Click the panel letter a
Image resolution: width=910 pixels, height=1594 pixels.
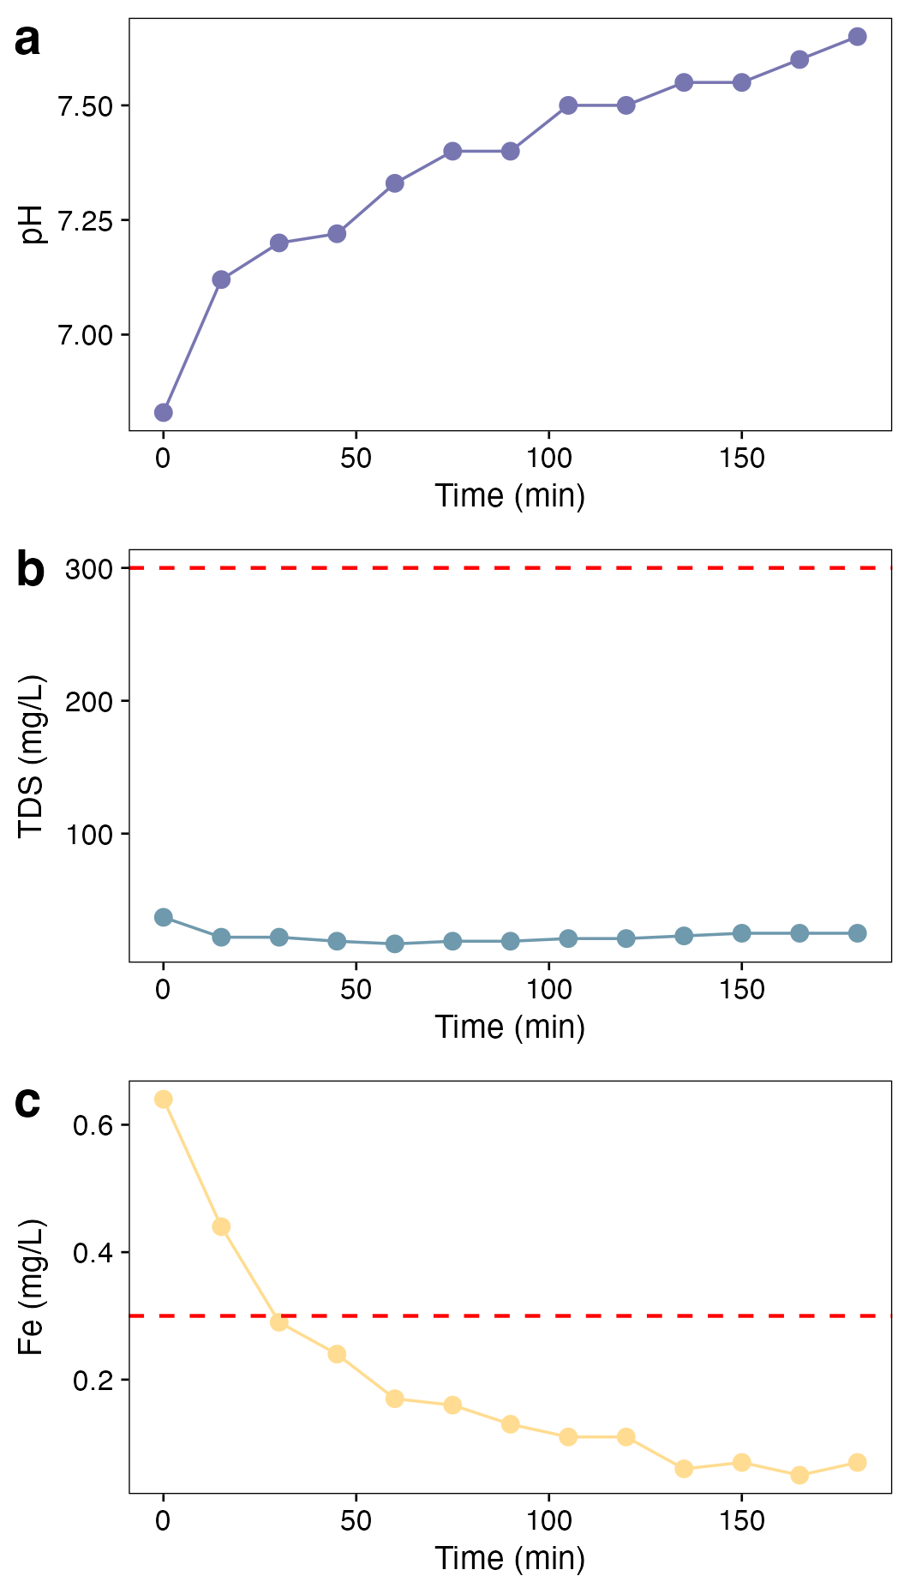(27, 40)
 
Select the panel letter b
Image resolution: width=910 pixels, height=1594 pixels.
(30, 571)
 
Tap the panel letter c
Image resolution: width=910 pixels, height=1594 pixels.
(27, 1102)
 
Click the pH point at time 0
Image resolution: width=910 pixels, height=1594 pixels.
(164, 413)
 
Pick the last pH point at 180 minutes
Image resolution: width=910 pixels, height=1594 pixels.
(857, 37)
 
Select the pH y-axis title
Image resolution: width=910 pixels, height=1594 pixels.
(32, 225)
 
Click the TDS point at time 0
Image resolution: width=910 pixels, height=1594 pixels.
(164, 918)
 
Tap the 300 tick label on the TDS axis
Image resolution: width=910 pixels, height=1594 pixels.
(90, 569)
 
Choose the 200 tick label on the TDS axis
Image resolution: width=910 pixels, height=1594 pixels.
(90, 702)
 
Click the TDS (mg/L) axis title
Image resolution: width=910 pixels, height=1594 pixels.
(32, 757)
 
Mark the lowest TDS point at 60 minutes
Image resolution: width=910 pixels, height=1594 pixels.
(395, 944)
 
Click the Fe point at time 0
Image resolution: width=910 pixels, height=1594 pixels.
(164, 1100)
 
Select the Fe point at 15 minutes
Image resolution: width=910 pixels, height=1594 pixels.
(221, 1227)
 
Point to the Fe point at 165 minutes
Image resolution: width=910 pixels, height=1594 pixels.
(799, 1475)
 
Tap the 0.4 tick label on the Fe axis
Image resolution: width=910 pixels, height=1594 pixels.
(93, 1254)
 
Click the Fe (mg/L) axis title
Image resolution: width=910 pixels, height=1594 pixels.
(32, 1287)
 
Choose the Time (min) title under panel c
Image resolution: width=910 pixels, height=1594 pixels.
(510, 1558)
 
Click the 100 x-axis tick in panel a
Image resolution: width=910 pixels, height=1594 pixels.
(549, 459)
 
